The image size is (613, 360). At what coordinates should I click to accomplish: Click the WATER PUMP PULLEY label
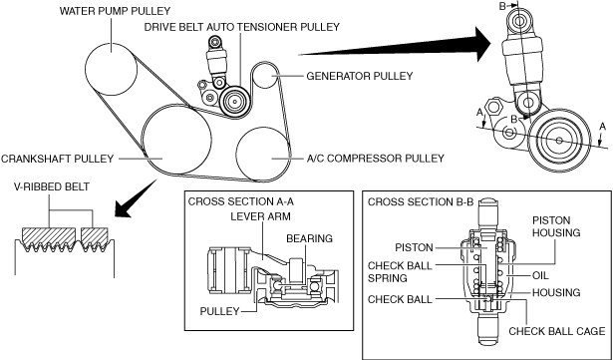(115, 11)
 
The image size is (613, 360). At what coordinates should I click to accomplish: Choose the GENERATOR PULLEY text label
(359, 76)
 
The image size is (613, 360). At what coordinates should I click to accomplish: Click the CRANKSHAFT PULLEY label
(57, 159)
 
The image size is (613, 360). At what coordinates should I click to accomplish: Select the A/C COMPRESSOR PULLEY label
(375, 159)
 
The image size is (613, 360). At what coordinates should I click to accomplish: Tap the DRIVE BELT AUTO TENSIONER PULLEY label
(242, 27)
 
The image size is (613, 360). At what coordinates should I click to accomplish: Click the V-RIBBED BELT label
(52, 186)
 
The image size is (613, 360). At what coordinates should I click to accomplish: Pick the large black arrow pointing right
(395, 45)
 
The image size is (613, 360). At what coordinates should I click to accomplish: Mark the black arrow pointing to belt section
(136, 198)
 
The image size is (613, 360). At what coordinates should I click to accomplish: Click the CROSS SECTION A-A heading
(241, 201)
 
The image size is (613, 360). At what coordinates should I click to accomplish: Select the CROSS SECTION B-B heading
(421, 201)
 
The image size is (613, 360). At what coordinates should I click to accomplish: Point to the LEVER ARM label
(260, 216)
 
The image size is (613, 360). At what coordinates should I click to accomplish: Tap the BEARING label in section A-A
(309, 238)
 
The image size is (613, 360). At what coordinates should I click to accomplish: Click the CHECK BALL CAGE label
(557, 331)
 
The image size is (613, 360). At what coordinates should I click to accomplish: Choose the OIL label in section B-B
(540, 276)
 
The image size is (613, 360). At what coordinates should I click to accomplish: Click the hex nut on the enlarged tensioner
(493, 108)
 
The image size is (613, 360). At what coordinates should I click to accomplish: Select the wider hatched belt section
(49, 237)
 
